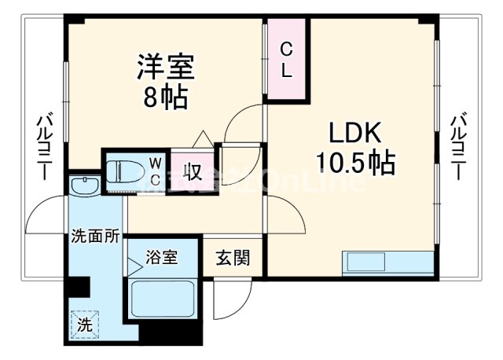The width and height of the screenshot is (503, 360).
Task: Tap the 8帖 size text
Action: pos(165,98)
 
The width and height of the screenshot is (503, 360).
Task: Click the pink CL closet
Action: pos(287,59)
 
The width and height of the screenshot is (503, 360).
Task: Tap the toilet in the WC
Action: pos(127,170)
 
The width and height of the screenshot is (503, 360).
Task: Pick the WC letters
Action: pos(156,171)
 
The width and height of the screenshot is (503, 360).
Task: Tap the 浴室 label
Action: pos(163,256)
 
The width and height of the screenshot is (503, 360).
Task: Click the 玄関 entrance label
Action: pos(233,257)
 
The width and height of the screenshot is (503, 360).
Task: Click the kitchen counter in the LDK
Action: pos(387,262)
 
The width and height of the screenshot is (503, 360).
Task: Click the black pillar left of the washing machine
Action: pos(75,287)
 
